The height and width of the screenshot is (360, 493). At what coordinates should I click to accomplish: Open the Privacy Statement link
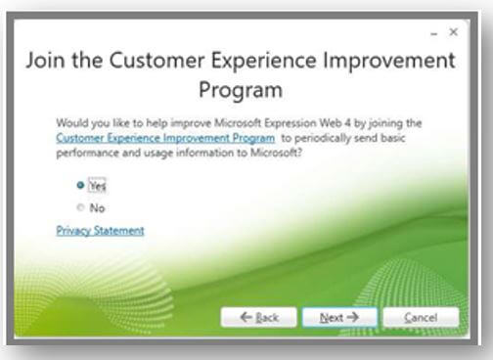pos(100,231)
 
